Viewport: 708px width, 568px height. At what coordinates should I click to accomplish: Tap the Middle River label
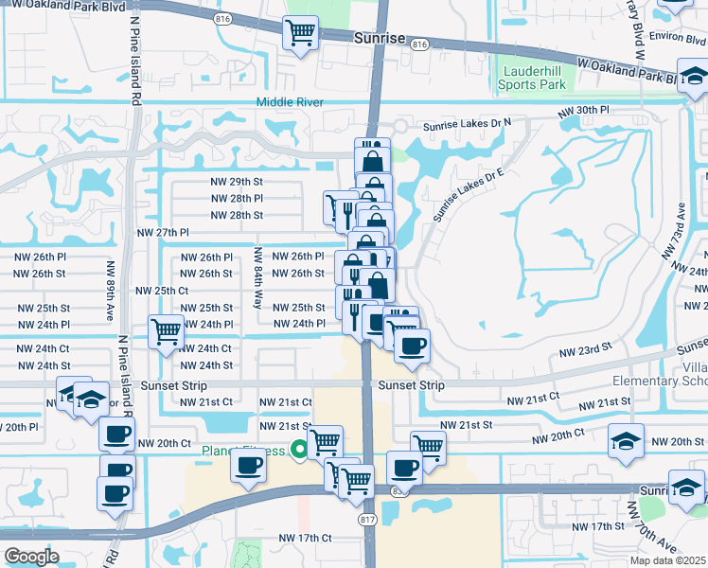click(290, 102)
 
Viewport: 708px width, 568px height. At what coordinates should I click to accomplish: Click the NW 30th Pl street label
click(583, 111)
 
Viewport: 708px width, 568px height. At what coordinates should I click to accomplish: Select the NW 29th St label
click(236, 182)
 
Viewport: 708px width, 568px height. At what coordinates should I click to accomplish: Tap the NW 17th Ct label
click(305, 538)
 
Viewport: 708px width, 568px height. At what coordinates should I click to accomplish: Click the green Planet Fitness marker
click(300, 451)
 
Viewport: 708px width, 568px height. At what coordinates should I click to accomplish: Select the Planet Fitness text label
click(242, 451)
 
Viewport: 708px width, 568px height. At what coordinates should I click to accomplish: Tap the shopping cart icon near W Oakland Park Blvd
click(300, 34)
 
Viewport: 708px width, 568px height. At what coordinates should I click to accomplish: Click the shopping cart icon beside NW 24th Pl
click(166, 331)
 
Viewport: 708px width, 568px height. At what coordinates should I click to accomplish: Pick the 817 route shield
click(368, 522)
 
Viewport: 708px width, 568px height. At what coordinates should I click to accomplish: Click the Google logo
click(31, 557)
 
